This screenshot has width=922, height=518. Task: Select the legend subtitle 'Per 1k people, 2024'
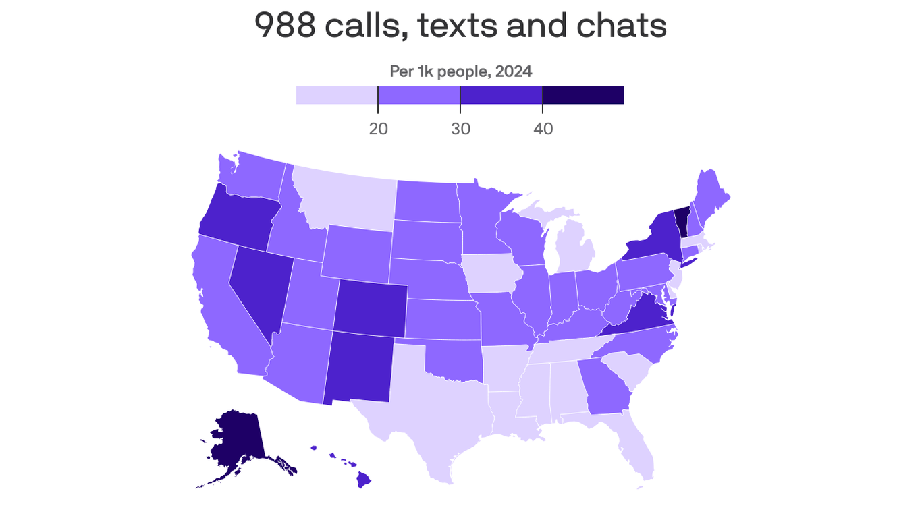click(x=460, y=71)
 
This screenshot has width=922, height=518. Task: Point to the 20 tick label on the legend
click(x=378, y=128)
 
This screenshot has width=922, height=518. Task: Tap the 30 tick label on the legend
click(x=460, y=128)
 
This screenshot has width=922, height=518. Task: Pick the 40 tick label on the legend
click(x=543, y=128)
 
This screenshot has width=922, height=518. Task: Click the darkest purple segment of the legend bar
click(x=583, y=95)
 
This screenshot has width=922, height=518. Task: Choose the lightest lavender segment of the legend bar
click(x=337, y=95)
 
